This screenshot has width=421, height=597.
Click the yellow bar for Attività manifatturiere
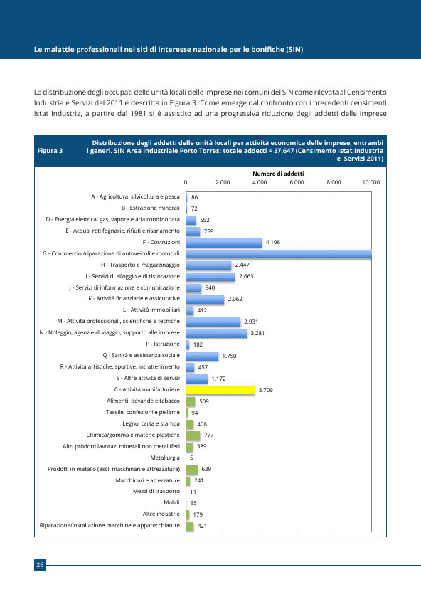[220, 390]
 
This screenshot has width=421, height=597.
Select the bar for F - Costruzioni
[224, 243]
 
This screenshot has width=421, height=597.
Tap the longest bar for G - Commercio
[279, 254]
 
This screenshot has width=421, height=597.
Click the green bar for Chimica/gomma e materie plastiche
[193, 435]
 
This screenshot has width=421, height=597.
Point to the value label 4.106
[273, 242]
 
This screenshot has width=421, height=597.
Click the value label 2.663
[246, 276]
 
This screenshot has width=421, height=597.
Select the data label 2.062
[235, 300]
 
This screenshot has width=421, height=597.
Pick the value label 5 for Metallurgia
[191, 458]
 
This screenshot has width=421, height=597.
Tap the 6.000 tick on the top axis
[297, 182]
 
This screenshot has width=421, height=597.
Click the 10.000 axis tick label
[371, 182]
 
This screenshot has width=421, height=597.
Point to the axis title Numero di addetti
[278, 174]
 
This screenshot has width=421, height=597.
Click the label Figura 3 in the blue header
[50, 151]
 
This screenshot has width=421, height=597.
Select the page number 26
[40, 565]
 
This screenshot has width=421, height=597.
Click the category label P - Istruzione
[163, 344]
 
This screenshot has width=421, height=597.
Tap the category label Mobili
[171, 502]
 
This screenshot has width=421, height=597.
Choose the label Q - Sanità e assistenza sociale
[142, 355]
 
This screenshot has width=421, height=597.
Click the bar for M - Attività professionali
[213, 322]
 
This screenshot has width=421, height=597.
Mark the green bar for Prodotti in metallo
[192, 470]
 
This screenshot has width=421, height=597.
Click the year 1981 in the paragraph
[138, 113]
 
